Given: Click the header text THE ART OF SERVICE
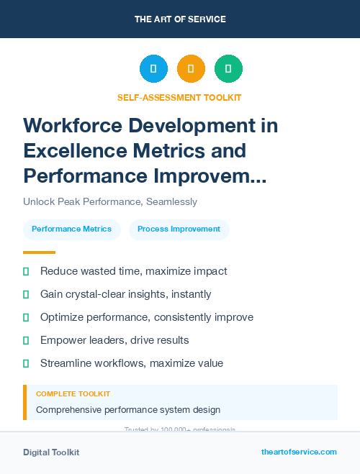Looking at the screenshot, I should [x=180, y=19].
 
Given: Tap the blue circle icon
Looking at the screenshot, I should [x=153, y=68].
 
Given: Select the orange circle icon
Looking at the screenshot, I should [x=191, y=68].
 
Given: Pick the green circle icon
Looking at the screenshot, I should [x=228, y=68].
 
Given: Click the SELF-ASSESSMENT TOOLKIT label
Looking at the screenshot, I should [x=179, y=97].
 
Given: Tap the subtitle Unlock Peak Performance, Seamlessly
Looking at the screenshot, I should [x=110, y=202].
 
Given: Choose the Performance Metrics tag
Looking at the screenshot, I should [x=72, y=229].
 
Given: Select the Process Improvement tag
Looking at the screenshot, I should [x=179, y=229].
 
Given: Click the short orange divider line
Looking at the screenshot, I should [x=39, y=252].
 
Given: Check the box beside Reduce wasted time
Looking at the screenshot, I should [x=26, y=271].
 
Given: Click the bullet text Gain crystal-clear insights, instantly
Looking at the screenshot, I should [x=126, y=294].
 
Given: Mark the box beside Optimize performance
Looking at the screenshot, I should [x=26, y=317].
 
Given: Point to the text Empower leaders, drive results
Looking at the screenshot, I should [x=114, y=340].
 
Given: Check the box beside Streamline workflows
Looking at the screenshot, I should [x=26, y=363].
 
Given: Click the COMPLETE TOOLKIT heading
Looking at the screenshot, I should [x=73, y=394].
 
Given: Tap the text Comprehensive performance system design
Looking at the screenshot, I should [x=128, y=410].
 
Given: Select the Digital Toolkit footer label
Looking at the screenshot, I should [x=51, y=452].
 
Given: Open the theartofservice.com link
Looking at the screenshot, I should [x=299, y=452].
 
